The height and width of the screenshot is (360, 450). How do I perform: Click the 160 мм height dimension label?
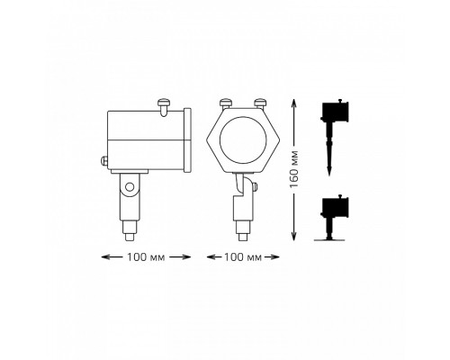(294, 169)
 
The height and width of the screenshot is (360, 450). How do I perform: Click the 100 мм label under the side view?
(146, 257)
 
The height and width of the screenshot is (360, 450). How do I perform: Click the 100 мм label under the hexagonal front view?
(243, 257)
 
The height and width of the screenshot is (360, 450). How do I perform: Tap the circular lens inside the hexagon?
(243, 140)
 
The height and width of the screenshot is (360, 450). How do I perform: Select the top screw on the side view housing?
(164, 107)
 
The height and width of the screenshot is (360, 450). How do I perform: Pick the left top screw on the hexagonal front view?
(226, 103)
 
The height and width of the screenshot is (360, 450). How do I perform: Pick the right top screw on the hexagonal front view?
(260, 103)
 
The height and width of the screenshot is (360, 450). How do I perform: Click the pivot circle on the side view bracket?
(130, 187)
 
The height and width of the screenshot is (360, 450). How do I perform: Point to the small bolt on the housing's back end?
(103, 161)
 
